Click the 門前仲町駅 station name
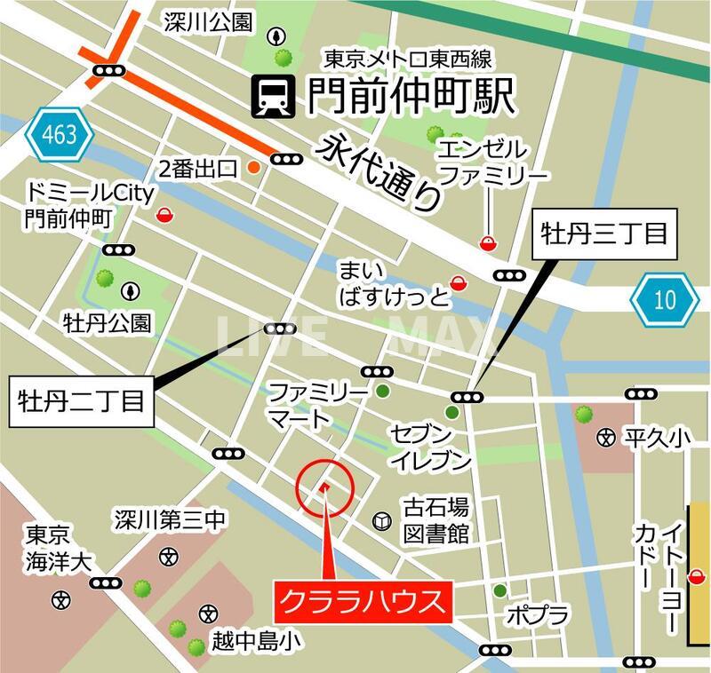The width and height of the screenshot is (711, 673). click(411, 96)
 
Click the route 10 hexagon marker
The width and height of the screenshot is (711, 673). click(665, 299)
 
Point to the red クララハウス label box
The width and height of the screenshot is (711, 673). click(363, 602)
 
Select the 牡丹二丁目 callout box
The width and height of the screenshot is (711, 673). click(81, 402)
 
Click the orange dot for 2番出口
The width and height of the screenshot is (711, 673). click(253, 166)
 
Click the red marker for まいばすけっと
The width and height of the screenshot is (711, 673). click(458, 282)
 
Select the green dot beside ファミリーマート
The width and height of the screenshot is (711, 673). click(383, 391)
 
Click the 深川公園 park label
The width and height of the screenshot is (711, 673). click(208, 21)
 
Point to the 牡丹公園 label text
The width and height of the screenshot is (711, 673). click(107, 321)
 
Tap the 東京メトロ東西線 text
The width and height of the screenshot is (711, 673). click(408, 59)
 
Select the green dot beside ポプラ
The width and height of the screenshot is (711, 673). click(500, 590)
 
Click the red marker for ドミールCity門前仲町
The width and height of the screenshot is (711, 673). click(164, 214)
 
